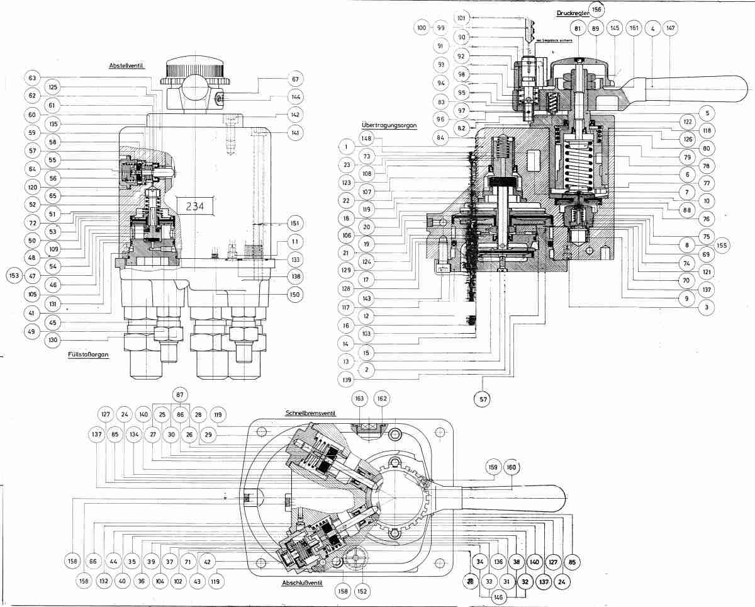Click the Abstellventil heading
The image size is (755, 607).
coord(126,65)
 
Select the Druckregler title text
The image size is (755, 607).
coord(571,13)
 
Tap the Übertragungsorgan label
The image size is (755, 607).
coord(389,125)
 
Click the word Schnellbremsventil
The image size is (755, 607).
coord(311,413)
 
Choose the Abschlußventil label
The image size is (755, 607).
coord(303,583)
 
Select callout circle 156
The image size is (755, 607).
coord(596,9)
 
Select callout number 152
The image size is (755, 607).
coord(362,591)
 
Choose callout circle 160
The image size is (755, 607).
coord(510,467)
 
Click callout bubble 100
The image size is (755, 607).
coord(422,28)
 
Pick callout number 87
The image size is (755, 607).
coord(181,395)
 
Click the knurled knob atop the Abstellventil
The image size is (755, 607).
coord(193,70)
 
